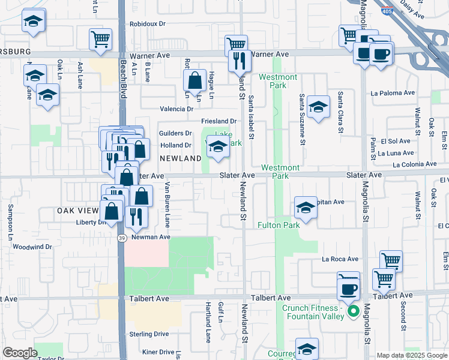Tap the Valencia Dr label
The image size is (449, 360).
176,109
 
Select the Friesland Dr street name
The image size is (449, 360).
219,121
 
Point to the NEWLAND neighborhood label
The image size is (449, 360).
180,158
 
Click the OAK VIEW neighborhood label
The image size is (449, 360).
77,211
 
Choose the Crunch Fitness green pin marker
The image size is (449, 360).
354,311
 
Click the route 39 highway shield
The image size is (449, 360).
121,238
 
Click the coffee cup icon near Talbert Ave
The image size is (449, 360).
348,289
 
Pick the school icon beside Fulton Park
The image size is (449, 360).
306,208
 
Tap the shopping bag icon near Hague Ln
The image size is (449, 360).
195,80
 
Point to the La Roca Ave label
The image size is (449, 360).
340,259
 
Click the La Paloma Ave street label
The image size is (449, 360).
393,93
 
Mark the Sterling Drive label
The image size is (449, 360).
149,334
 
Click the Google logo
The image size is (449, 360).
20,353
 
